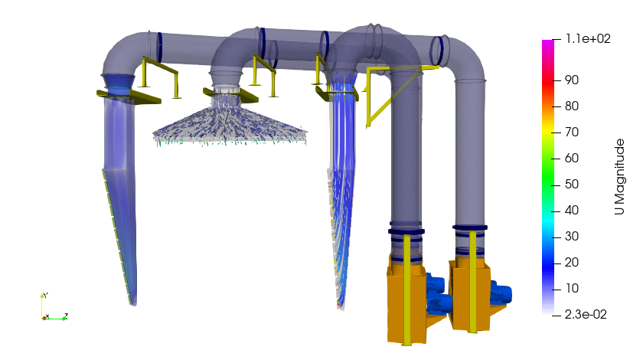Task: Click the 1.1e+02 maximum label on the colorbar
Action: [x=588, y=38]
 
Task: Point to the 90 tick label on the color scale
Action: [x=572, y=80]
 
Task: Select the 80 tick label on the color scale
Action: [x=572, y=106]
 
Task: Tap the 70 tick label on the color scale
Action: [x=572, y=133]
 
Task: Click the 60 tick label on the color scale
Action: [x=572, y=158]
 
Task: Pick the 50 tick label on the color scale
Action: [x=572, y=185]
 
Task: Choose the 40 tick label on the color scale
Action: [x=572, y=211]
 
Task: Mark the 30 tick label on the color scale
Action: [x=572, y=236]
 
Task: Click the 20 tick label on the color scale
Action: [x=572, y=262]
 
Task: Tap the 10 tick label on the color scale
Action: [x=572, y=289]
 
